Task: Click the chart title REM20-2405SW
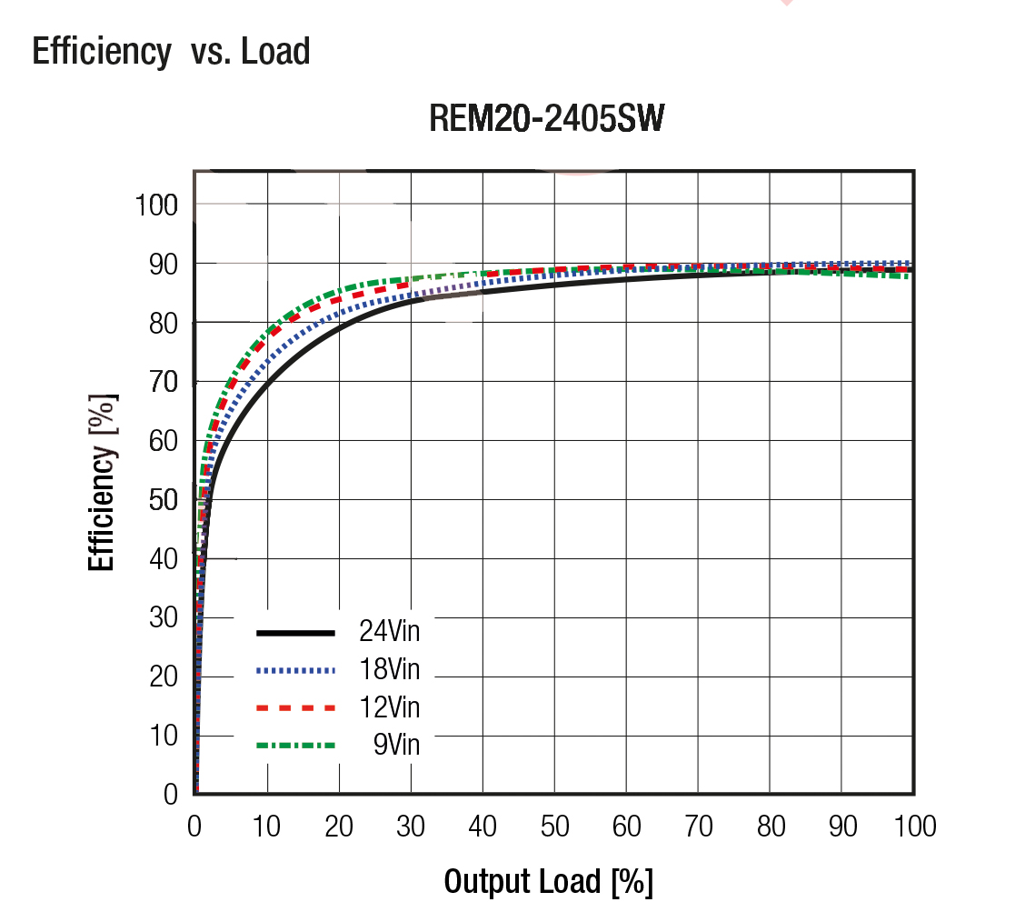[x=546, y=119]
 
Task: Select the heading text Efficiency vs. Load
[x=171, y=51]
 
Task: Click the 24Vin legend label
[x=390, y=630]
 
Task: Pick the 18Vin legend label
[x=390, y=670]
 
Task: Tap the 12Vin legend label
[x=390, y=707]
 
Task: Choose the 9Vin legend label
[x=396, y=746]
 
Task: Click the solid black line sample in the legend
[x=296, y=632]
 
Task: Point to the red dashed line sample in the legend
[x=296, y=707]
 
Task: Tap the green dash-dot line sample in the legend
[x=296, y=746]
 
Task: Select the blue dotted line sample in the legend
[x=296, y=670]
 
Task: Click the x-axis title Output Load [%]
[x=548, y=881]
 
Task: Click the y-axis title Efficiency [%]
[x=103, y=481]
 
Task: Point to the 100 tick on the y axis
[x=156, y=205]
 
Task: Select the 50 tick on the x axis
[x=554, y=827]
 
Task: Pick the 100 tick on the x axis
[x=914, y=827]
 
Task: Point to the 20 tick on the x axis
[x=339, y=827]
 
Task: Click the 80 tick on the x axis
[x=771, y=827]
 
